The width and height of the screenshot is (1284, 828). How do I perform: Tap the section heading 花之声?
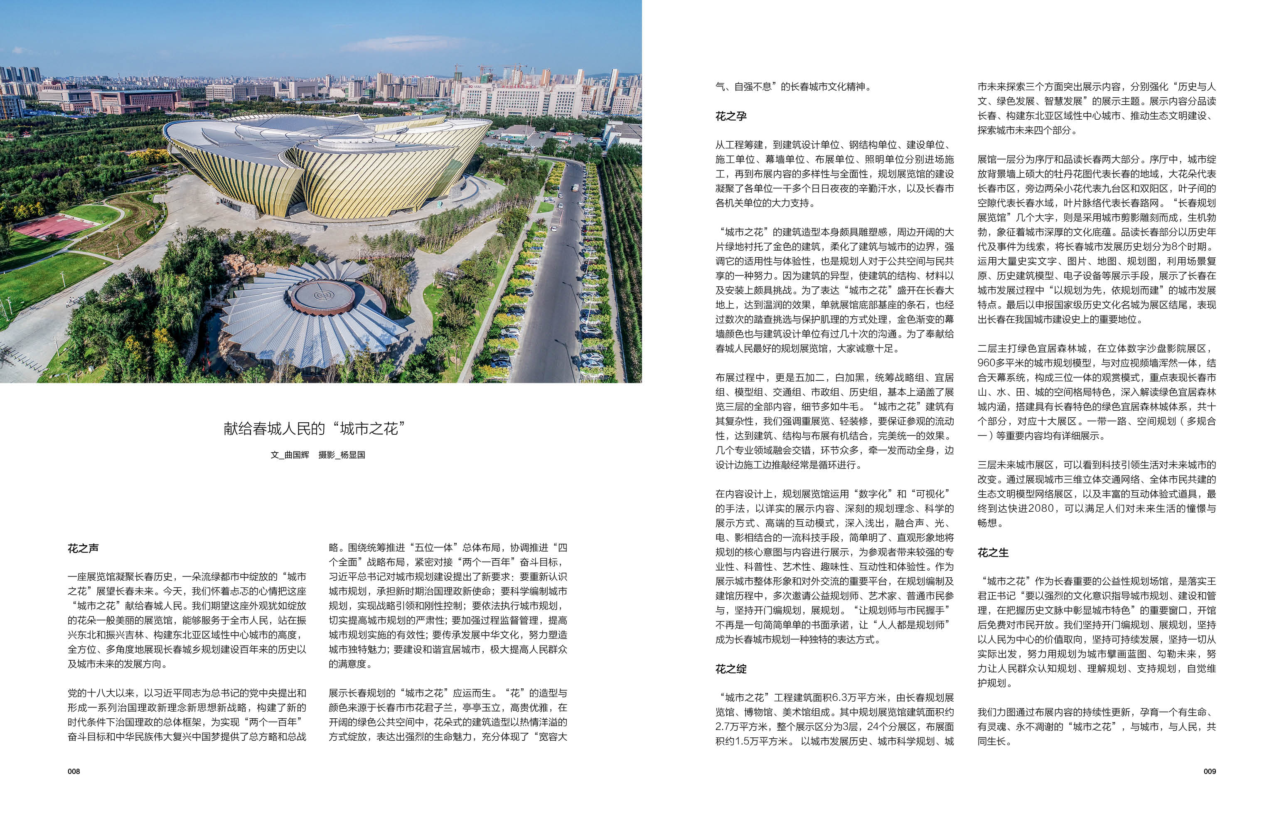pos(83,548)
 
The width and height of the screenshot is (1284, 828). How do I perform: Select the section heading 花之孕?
pos(731,116)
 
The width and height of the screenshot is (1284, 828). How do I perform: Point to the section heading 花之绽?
pos(731,669)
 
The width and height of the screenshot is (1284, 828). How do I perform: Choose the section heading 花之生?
pos(993,553)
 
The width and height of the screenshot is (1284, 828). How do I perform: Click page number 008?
pos(74,771)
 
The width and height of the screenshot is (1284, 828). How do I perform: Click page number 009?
pos(1209,771)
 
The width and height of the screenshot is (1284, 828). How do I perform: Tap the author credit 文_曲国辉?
pos(290,455)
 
